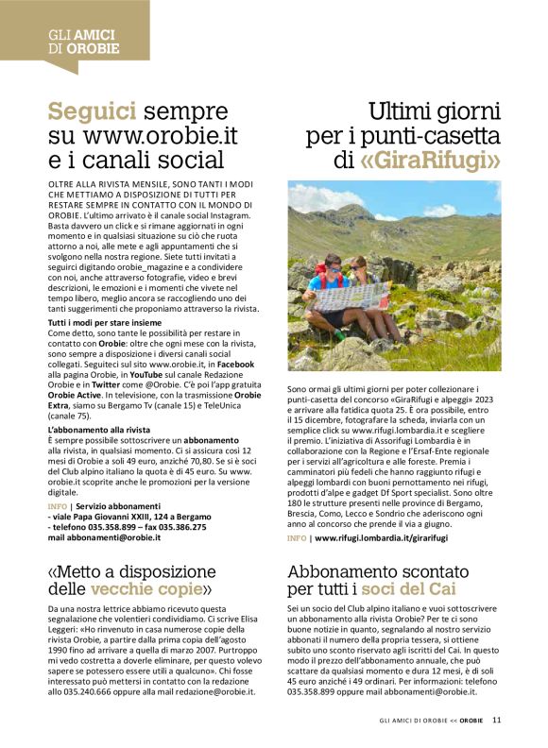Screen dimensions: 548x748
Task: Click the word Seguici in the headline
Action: click(93, 112)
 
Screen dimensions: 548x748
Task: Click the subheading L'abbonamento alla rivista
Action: click(99, 430)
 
